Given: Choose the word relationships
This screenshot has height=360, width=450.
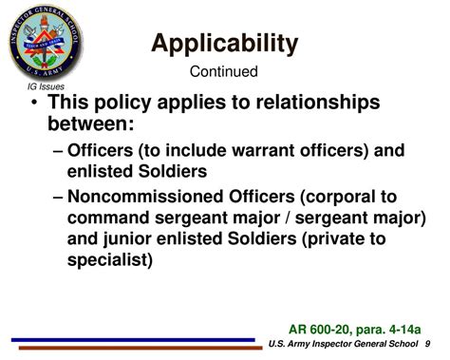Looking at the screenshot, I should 316,103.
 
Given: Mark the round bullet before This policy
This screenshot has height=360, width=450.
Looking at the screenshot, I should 35,104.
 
